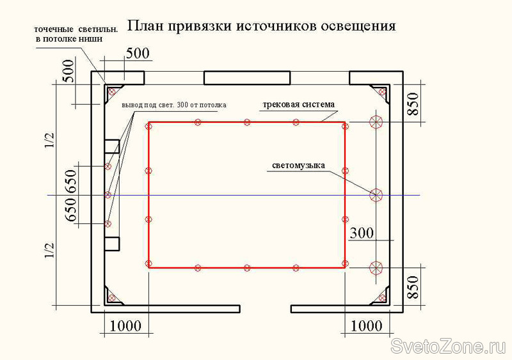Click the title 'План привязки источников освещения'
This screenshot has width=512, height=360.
[262, 26]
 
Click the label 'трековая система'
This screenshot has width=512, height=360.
[298, 104]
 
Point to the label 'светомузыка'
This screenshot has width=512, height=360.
[298, 165]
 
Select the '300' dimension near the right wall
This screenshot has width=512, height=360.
[361, 233]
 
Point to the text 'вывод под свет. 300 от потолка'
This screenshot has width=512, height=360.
[174, 104]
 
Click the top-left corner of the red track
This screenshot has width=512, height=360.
[148, 122]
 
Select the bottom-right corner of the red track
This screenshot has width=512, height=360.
[346, 265]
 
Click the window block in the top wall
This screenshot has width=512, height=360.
[246, 78]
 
